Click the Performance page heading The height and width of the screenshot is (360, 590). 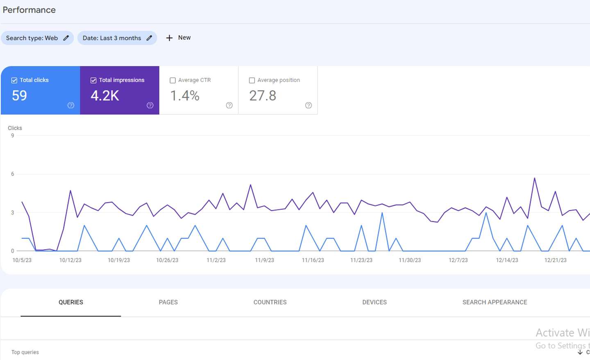point(29,10)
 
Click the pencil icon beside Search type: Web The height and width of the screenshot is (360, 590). point(66,38)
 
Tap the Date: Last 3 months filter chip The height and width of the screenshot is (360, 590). point(117,38)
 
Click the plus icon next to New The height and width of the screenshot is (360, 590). point(169,38)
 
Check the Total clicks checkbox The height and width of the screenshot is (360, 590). point(14,80)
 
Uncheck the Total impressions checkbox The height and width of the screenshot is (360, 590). point(93,80)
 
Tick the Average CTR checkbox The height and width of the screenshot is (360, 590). point(172,80)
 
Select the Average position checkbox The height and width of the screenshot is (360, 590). point(252,80)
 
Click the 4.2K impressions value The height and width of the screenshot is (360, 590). point(105,96)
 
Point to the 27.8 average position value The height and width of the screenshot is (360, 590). point(263,96)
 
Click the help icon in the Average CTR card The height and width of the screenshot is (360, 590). point(229,105)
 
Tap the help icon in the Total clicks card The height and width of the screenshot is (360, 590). point(70,105)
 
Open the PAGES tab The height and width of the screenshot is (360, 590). point(168,302)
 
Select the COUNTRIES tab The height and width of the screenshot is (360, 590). point(270,302)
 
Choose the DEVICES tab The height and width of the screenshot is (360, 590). point(374,302)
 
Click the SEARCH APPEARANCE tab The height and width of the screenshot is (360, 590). point(495,302)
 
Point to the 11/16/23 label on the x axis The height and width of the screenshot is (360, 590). point(313,260)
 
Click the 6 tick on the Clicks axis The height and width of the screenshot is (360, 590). point(12,174)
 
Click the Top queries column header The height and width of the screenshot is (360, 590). point(25,352)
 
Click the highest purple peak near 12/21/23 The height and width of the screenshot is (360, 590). point(534,178)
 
